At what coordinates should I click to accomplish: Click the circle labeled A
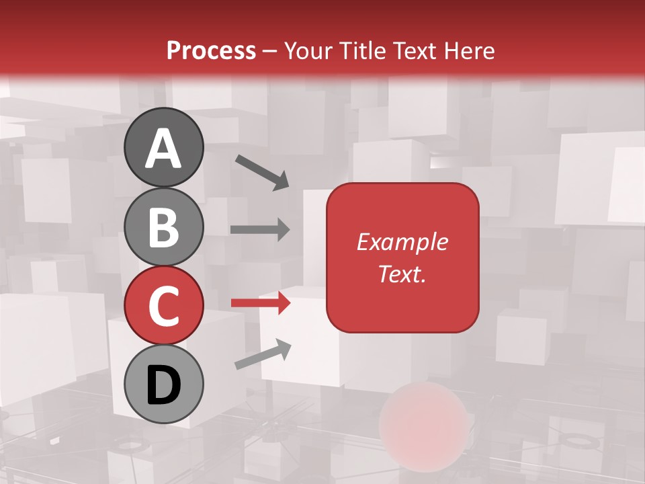coord(163,147)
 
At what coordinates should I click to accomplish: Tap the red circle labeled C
coord(163,305)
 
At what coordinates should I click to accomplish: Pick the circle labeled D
coord(163,384)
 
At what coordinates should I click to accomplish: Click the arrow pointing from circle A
coord(262,171)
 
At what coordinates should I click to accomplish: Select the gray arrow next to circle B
coord(260,229)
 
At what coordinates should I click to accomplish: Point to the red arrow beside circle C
coord(260,303)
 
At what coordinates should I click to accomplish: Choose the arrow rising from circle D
coord(263,354)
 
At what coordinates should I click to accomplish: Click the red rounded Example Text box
coord(402,257)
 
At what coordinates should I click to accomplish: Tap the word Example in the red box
coord(402,242)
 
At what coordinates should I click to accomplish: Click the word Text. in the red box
coord(402,274)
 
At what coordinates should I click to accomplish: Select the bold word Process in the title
coord(211,50)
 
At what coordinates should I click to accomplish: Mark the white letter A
coord(163,149)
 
